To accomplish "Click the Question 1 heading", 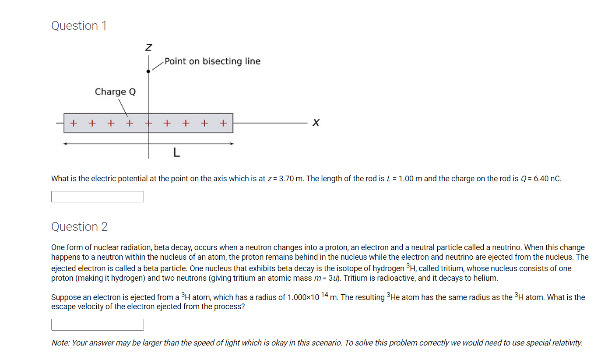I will (79, 26).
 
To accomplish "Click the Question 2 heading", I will (79, 227).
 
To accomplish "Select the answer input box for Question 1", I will (97, 197).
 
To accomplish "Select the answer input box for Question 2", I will (97, 325).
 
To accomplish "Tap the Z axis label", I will (149, 46).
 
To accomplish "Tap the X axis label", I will (316, 123).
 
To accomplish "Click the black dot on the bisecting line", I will (148, 71).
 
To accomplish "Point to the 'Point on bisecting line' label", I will (212, 61).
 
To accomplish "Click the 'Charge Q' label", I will (115, 92).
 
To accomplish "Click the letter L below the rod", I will (176, 153).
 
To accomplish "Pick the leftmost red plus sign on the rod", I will (74, 123).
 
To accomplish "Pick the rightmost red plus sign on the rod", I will (223, 123).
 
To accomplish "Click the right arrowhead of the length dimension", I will (232, 143).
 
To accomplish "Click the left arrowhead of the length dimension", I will (65, 143).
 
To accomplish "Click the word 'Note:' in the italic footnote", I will (61, 343).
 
